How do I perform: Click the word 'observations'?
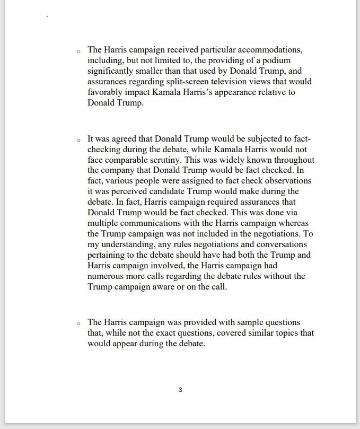click(x=287, y=181)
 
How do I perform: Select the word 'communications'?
click(x=153, y=223)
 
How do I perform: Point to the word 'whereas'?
click(x=294, y=223)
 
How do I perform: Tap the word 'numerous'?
click(x=106, y=276)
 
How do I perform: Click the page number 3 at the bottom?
click(x=180, y=390)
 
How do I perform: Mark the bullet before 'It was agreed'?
click(x=78, y=140)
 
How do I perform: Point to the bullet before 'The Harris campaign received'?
click(x=78, y=51)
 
